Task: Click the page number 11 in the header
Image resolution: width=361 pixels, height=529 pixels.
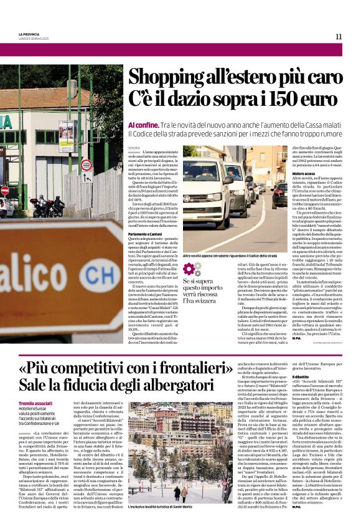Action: click(338, 37)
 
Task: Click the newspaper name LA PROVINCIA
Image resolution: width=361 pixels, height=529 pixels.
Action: click(29, 34)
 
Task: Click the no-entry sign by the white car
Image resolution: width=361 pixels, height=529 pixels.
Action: click(5, 190)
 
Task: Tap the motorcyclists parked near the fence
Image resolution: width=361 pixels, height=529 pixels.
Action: click(47, 206)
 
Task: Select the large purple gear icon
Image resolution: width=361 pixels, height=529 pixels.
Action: click(189, 269)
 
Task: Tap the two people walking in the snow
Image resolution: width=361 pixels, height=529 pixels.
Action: click(180, 493)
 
